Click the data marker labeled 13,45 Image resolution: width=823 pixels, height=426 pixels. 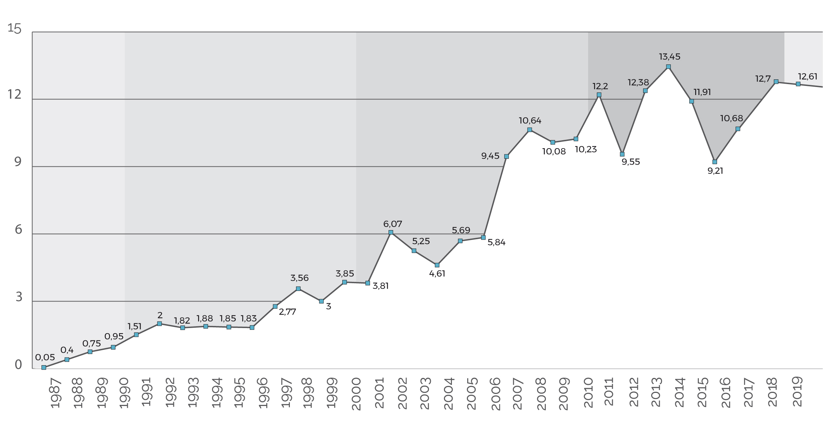(x=668, y=67)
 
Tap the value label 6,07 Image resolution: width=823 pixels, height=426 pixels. (x=392, y=224)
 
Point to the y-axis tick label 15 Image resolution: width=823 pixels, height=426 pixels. (x=15, y=28)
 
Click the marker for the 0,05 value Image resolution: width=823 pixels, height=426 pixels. (x=44, y=367)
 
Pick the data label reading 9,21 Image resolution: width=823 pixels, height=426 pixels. (x=715, y=171)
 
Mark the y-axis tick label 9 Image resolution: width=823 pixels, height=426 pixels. (x=18, y=162)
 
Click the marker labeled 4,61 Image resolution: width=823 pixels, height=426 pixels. (x=437, y=265)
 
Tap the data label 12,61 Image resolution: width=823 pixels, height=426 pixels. (x=807, y=76)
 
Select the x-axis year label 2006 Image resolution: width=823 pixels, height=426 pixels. (x=496, y=393)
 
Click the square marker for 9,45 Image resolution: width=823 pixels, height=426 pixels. (x=506, y=157)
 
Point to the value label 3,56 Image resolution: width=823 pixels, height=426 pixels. (x=299, y=278)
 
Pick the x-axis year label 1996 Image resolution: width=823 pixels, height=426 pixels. (x=263, y=393)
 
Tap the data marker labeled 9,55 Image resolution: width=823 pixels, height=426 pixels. (x=622, y=154)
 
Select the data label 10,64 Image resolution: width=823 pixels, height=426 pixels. (x=530, y=121)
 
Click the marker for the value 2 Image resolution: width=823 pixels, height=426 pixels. (x=160, y=324)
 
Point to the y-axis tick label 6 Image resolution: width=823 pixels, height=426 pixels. (x=18, y=229)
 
